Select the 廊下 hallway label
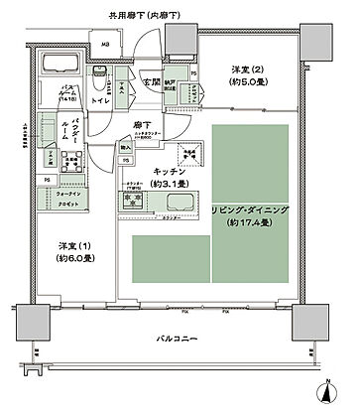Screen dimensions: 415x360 pos(142,125)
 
